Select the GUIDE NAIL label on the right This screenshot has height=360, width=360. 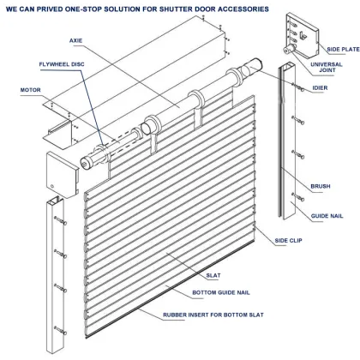click(x=327, y=216)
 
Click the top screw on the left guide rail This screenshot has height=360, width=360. click(x=61, y=220)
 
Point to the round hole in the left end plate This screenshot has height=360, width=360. click(x=51, y=183)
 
